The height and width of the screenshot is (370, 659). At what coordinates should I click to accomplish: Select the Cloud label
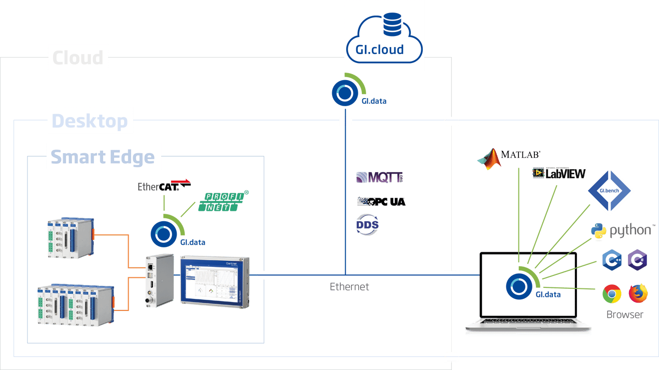coord(79,58)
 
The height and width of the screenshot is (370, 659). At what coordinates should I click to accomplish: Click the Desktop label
coord(90,121)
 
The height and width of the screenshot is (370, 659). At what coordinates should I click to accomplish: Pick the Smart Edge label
coord(103,157)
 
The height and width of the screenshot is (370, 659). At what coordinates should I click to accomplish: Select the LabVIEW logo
coord(559,173)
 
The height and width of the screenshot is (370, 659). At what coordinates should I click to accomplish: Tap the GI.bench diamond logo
coord(609,191)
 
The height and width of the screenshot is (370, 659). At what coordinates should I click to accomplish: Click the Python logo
coord(622,231)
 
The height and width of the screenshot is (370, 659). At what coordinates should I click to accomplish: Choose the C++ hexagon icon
coord(611,260)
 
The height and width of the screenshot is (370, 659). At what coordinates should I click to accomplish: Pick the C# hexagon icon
coord(637,260)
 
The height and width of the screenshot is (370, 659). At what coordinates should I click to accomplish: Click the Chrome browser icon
coord(611,294)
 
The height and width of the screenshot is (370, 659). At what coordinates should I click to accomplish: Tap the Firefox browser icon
coord(638,293)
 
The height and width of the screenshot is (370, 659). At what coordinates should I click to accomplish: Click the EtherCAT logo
coord(164,187)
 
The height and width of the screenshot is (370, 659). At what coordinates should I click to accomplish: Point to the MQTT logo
coord(379,177)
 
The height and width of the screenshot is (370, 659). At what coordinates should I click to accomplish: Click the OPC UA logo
coord(381,202)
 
